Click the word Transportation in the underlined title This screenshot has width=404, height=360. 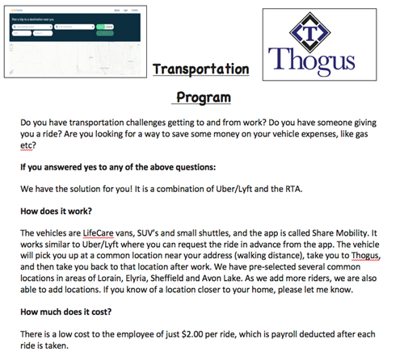200,70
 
